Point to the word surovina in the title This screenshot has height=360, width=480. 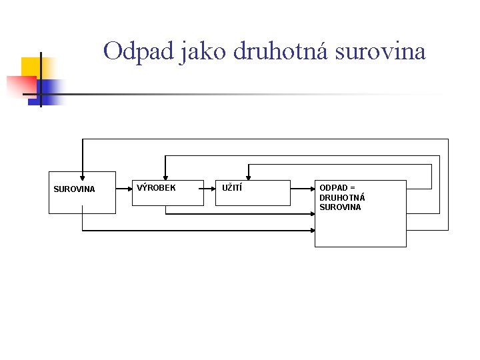coord(380,51)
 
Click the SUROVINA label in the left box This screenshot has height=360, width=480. coord(74,189)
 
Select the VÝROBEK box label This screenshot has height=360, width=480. coord(156,188)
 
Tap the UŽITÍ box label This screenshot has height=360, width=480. coord(232,188)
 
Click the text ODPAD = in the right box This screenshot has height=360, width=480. coord(337,188)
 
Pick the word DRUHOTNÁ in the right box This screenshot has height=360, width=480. coord(341,197)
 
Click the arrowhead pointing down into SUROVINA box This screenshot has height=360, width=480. coord(82,177)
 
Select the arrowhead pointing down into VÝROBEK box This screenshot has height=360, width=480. coord(165,177)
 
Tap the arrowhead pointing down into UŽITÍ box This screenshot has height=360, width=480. coord(248,177)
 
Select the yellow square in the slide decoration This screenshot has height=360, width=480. coord(31,67)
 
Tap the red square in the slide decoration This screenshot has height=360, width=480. coord(20,86)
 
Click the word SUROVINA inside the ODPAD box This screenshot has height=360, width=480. coord(340,207)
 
